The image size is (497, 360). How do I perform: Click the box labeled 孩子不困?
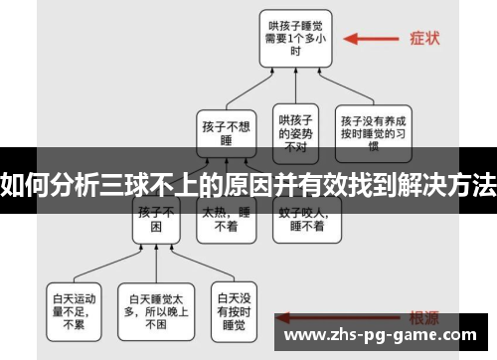point(157,220)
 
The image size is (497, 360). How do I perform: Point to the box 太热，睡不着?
point(228,220)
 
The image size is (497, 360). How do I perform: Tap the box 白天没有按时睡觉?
point(235,308)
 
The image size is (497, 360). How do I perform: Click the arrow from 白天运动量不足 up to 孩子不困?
point(109,261)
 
